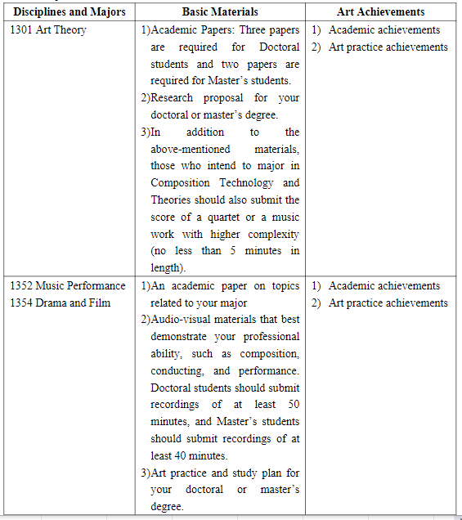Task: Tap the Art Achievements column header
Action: coord(380,12)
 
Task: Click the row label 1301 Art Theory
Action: coord(48,30)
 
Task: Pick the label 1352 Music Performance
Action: coord(68,286)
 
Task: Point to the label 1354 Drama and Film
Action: coord(61,303)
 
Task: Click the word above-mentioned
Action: coord(191,149)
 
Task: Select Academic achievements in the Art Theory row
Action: coord(384,30)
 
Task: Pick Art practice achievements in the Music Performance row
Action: coord(388,303)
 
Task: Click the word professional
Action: coord(267,337)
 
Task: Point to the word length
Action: coord(168,268)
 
